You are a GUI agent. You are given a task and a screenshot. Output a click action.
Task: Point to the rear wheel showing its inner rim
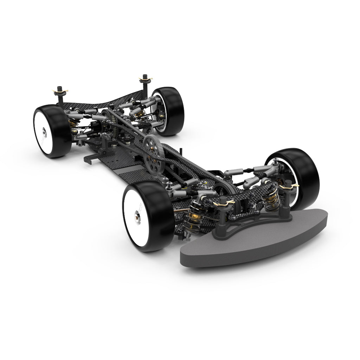click(168, 110)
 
